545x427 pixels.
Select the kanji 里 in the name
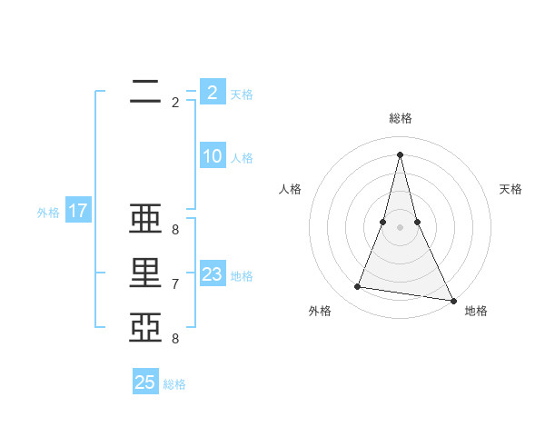coord(146,273)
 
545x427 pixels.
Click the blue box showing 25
coord(145,382)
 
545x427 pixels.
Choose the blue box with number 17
coord(78,212)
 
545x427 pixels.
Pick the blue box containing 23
coord(213,274)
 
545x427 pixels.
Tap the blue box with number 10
coord(213,156)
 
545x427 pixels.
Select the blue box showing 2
coord(213,92)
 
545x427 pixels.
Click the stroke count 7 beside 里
coord(175,284)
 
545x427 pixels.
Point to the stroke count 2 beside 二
coord(175,103)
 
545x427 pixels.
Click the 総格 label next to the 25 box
coord(174,384)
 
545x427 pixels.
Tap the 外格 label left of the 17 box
coord(48,213)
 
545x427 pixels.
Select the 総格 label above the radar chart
coord(401,118)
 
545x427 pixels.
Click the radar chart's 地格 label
coord(476,311)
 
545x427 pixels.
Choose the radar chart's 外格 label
coord(320,311)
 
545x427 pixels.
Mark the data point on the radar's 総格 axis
coord(401,154)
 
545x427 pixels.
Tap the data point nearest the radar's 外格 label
coord(358,287)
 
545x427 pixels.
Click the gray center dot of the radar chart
coord(401,226)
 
